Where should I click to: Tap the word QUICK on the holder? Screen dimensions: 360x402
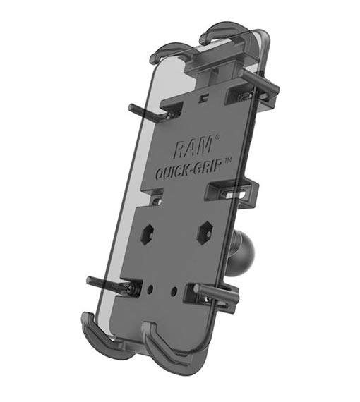[x=172, y=172]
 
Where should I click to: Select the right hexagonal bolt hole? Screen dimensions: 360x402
[x=205, y=232]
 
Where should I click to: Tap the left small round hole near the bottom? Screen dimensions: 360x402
[x=150, y=289]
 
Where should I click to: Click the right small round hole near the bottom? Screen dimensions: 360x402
[x=174, y=291]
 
